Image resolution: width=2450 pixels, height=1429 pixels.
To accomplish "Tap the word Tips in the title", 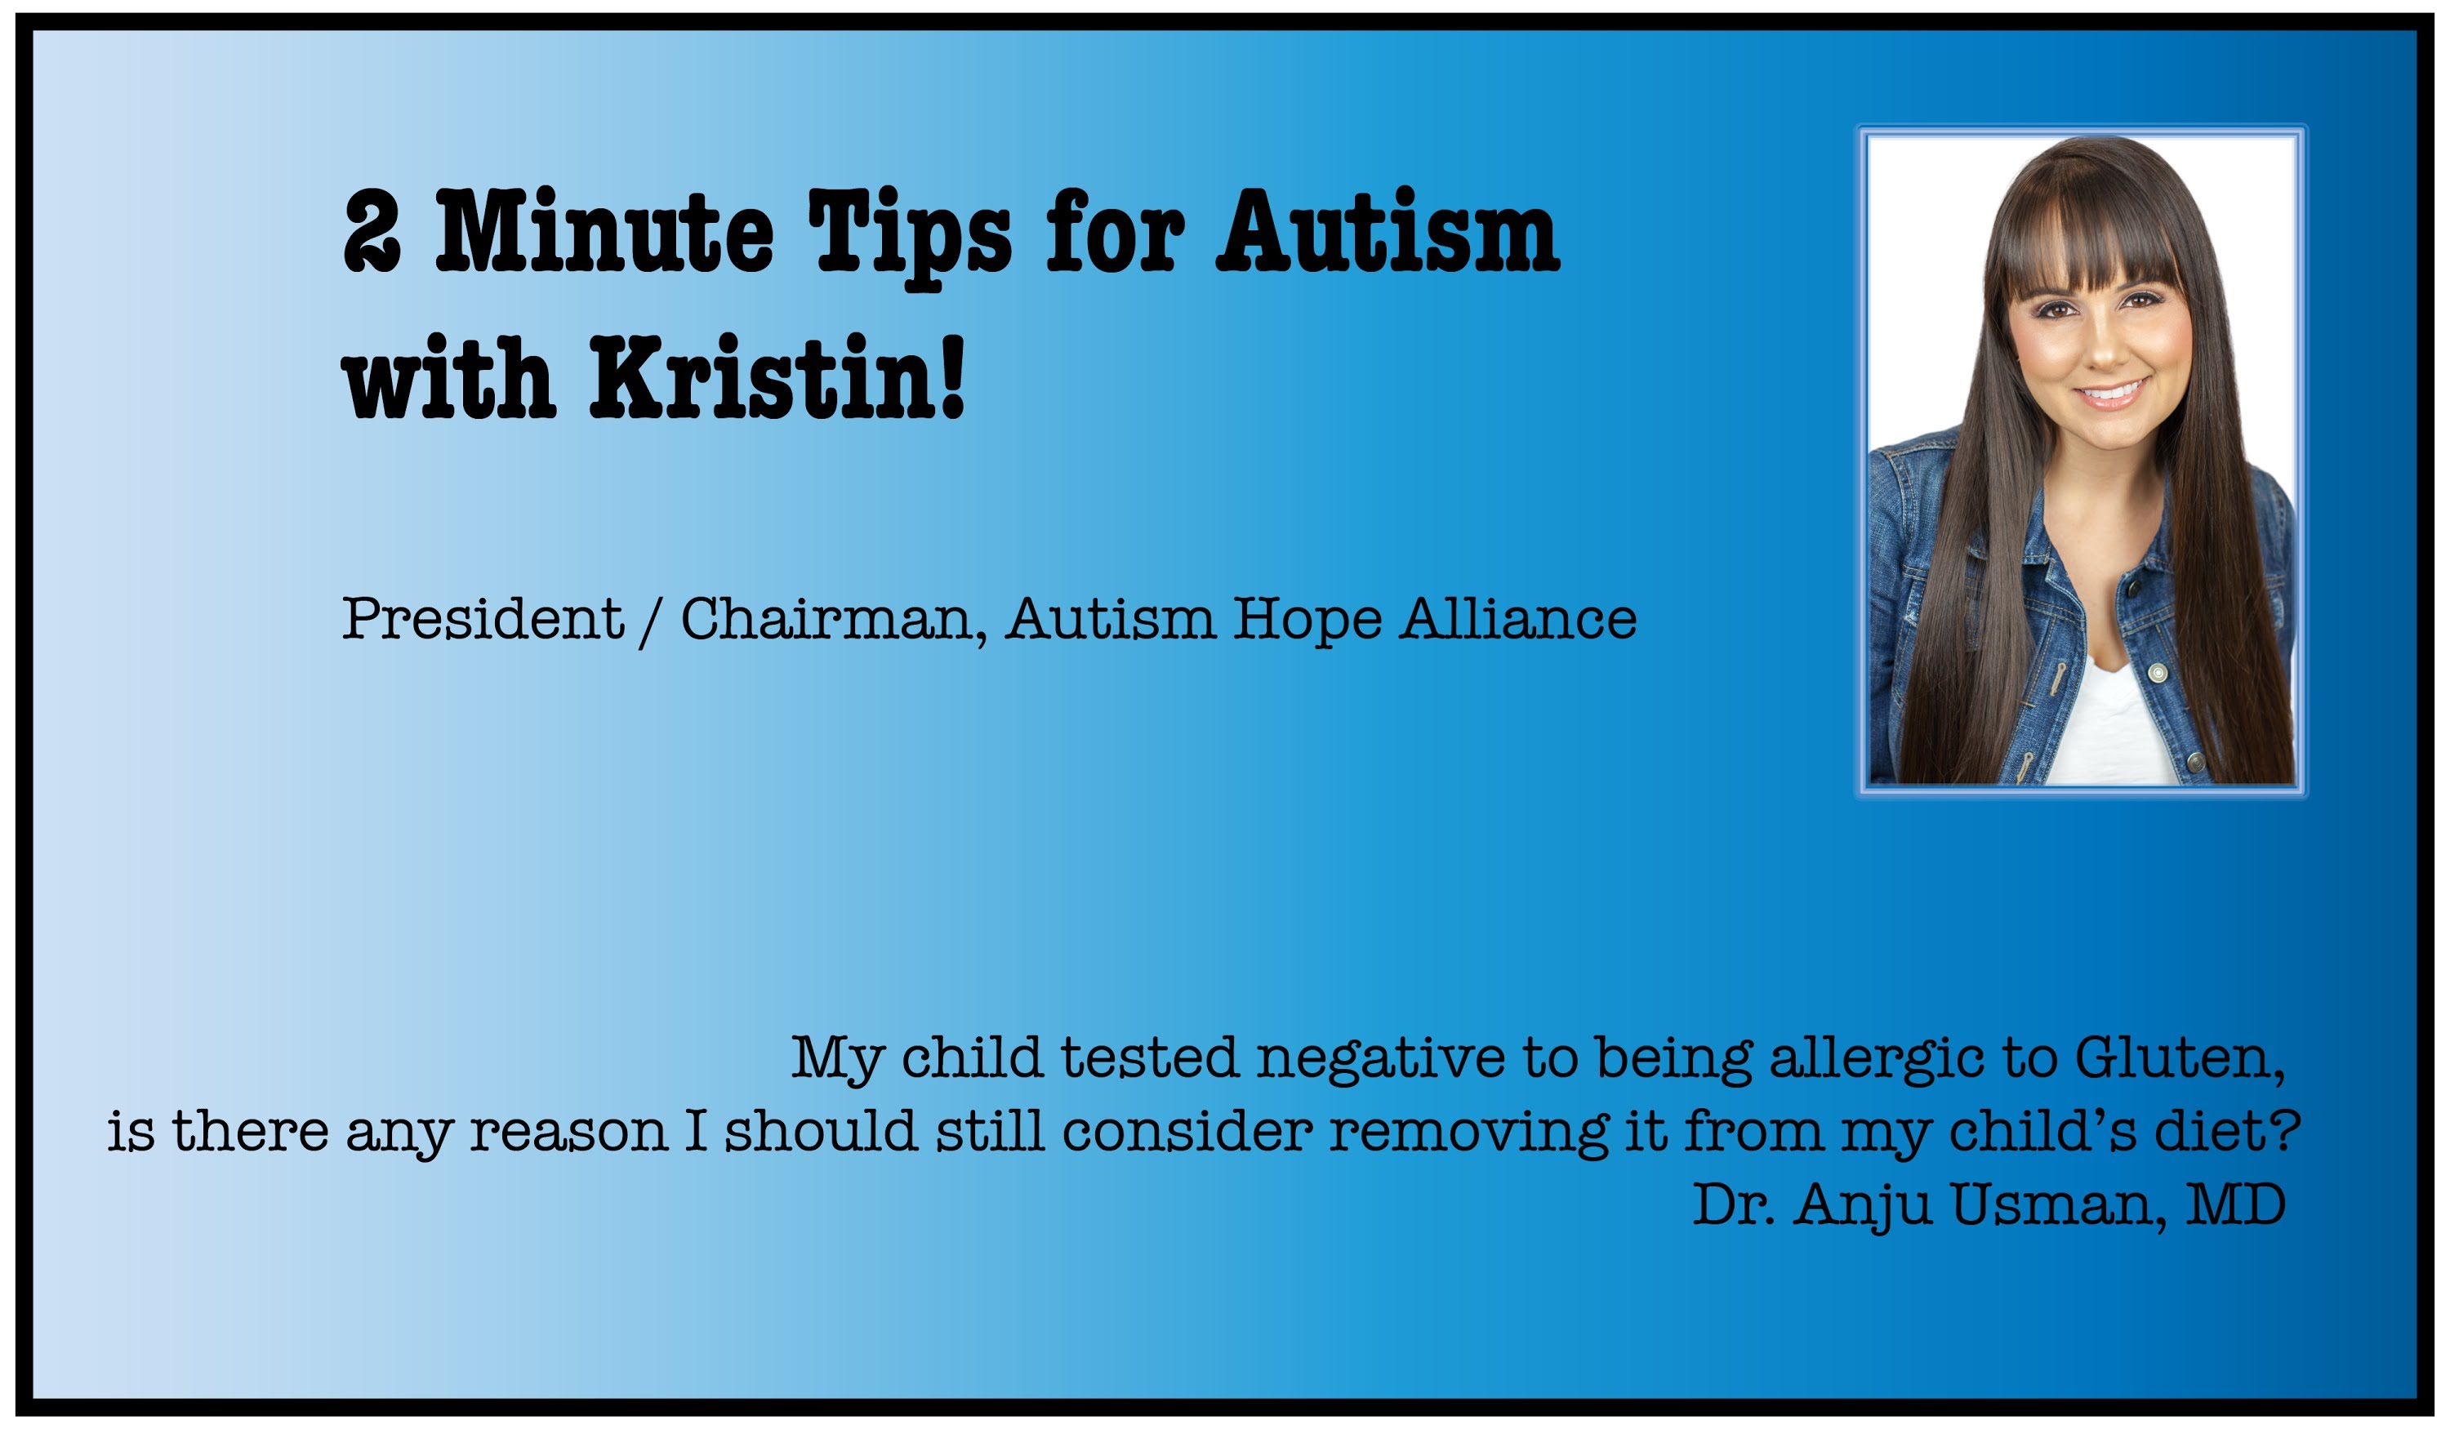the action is click(910, 238).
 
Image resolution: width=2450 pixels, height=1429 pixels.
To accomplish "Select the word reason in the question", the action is click(568, 1133).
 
